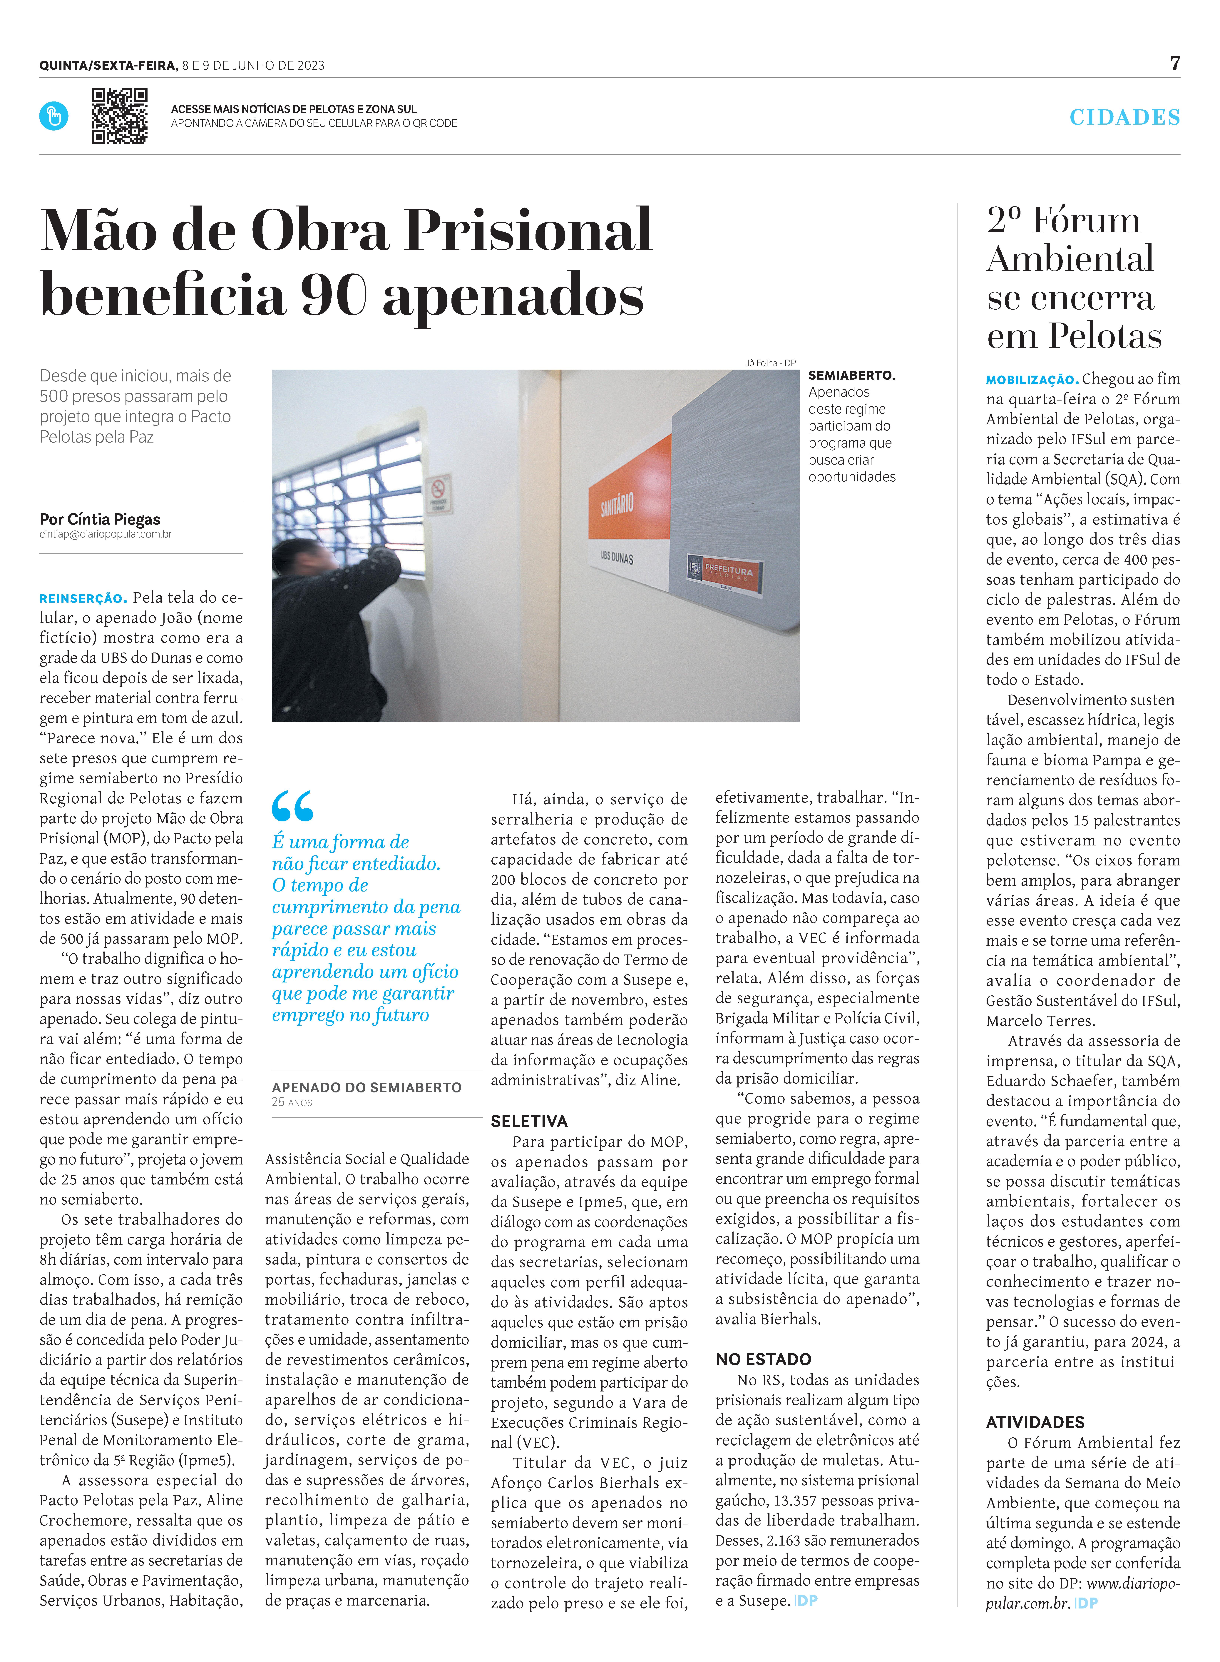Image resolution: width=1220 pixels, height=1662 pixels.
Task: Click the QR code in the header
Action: coord(119,116)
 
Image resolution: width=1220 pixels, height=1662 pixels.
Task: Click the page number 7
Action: coord(1175,64)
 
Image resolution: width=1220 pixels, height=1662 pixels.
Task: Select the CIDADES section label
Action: coord(1124,117)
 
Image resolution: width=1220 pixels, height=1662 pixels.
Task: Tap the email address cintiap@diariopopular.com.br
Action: coord(106,534)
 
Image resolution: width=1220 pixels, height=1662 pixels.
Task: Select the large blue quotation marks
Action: coord(292,806)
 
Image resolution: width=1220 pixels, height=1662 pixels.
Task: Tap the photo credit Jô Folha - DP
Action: coord(770,363)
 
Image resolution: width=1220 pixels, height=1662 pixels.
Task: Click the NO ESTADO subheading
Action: coord(763,1359)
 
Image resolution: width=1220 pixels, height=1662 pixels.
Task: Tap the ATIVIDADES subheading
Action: coord(1035,1422)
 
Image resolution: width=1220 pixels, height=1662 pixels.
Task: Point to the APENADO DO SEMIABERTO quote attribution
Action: coord(366,1087)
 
